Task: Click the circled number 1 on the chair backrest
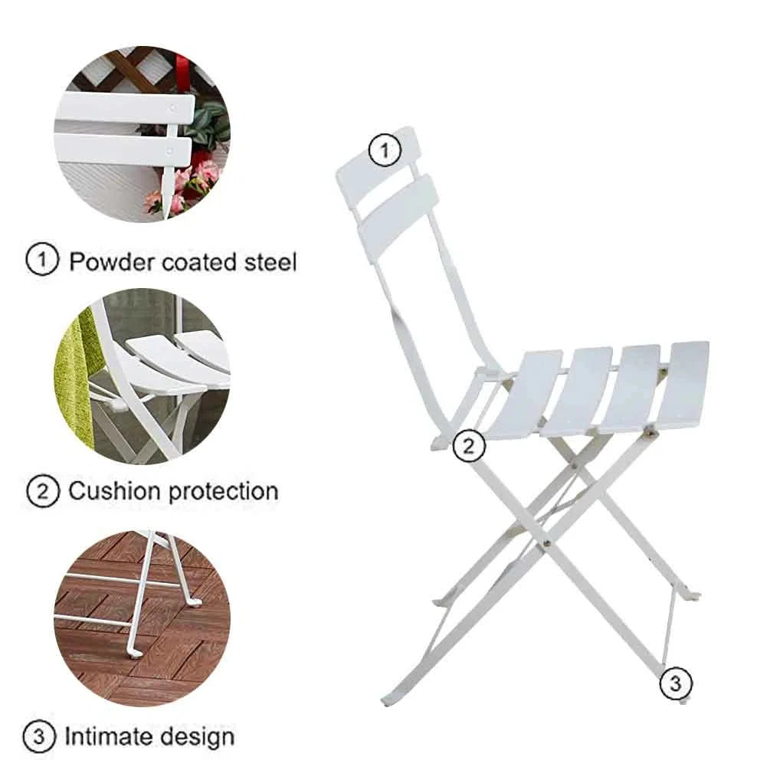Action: coord(385,149)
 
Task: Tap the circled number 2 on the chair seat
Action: coord(468,445)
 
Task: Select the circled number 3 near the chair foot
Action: coord(675,683)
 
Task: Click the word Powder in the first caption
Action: coord(111,262)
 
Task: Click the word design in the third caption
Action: coord(198,738)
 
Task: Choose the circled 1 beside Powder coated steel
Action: coord(42,260)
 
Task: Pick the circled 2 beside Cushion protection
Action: coord(43,490)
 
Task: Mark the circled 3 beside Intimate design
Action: coord(39,736)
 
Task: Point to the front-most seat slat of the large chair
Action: coord(683,385)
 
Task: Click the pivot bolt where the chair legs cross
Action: coord(546,544)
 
